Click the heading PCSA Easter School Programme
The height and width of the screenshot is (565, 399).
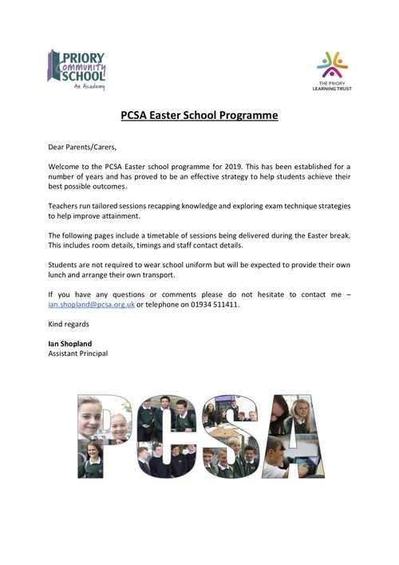(199, 115)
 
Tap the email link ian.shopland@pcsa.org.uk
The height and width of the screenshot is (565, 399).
(91, 305)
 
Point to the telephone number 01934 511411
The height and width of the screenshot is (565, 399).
(215, 305)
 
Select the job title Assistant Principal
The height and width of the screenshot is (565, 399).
(78, 354)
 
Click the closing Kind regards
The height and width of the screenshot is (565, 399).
(69, 325)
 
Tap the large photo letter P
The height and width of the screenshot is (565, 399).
(104, 436)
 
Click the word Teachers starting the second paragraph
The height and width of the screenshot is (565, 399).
(65, 206)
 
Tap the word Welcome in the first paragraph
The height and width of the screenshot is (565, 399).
(67, 165)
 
